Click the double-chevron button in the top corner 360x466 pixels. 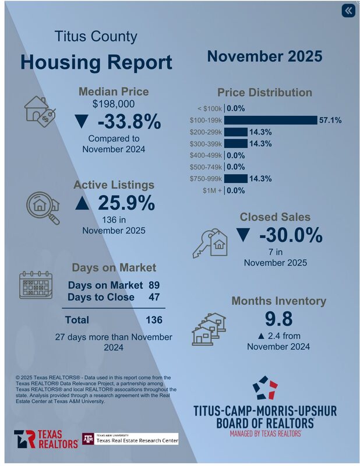(x=348, y=11)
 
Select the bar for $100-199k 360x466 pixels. (x=270, y=120)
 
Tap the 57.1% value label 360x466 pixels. (x=330, y=120)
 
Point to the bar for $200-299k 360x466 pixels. (x=236, y=132)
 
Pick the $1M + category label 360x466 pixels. (x=211, y=190)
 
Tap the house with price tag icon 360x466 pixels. (x=40, y=110)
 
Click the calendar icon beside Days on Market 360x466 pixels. (x=36, y=285)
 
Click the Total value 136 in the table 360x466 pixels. (x=154, y=320)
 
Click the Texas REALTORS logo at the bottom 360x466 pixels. (x=46, y=439)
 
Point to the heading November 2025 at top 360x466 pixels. (x=264, y=57)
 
